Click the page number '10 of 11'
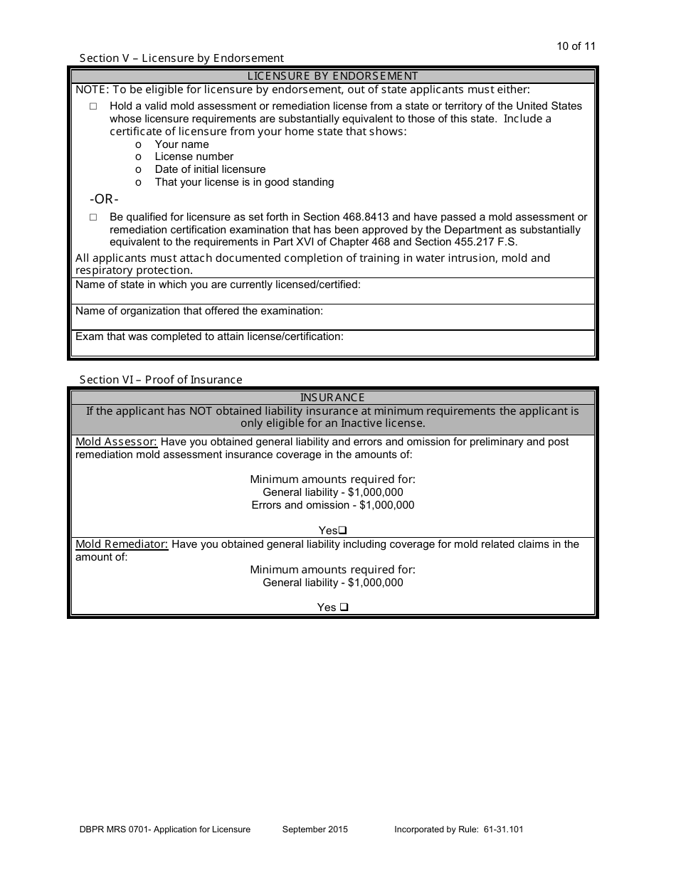click(576, 47)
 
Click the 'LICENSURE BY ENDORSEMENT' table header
click(332, 76)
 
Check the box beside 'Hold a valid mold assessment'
click(93, 107)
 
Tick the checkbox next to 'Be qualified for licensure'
click(93, 218)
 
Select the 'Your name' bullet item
click(181, 144)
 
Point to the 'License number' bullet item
click(194, 157)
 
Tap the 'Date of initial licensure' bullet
click(210, 169)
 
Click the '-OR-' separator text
click(104, 199)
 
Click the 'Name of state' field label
click(218, 285)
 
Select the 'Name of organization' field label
click(199, 311)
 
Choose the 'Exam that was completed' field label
click(209, 336)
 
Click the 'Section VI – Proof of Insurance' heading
click(161, 380)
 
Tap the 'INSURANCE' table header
click(332, 398)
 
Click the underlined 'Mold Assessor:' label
click(116, 442)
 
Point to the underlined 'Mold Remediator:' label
click(122, 544)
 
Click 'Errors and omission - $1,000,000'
click(332, 505)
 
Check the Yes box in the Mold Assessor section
click(342, 531)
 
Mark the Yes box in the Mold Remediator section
click(344, 608)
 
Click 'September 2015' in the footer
click(315, 829)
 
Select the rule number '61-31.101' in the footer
click(500, 829)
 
